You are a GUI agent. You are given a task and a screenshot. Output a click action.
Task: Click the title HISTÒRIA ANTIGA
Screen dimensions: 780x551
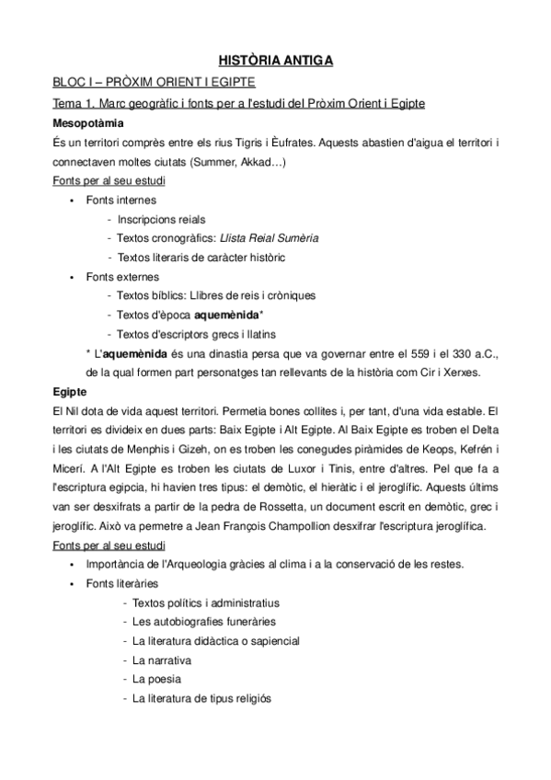[275, 62]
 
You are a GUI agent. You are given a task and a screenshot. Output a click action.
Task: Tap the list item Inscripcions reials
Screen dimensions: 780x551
[161, 219]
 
